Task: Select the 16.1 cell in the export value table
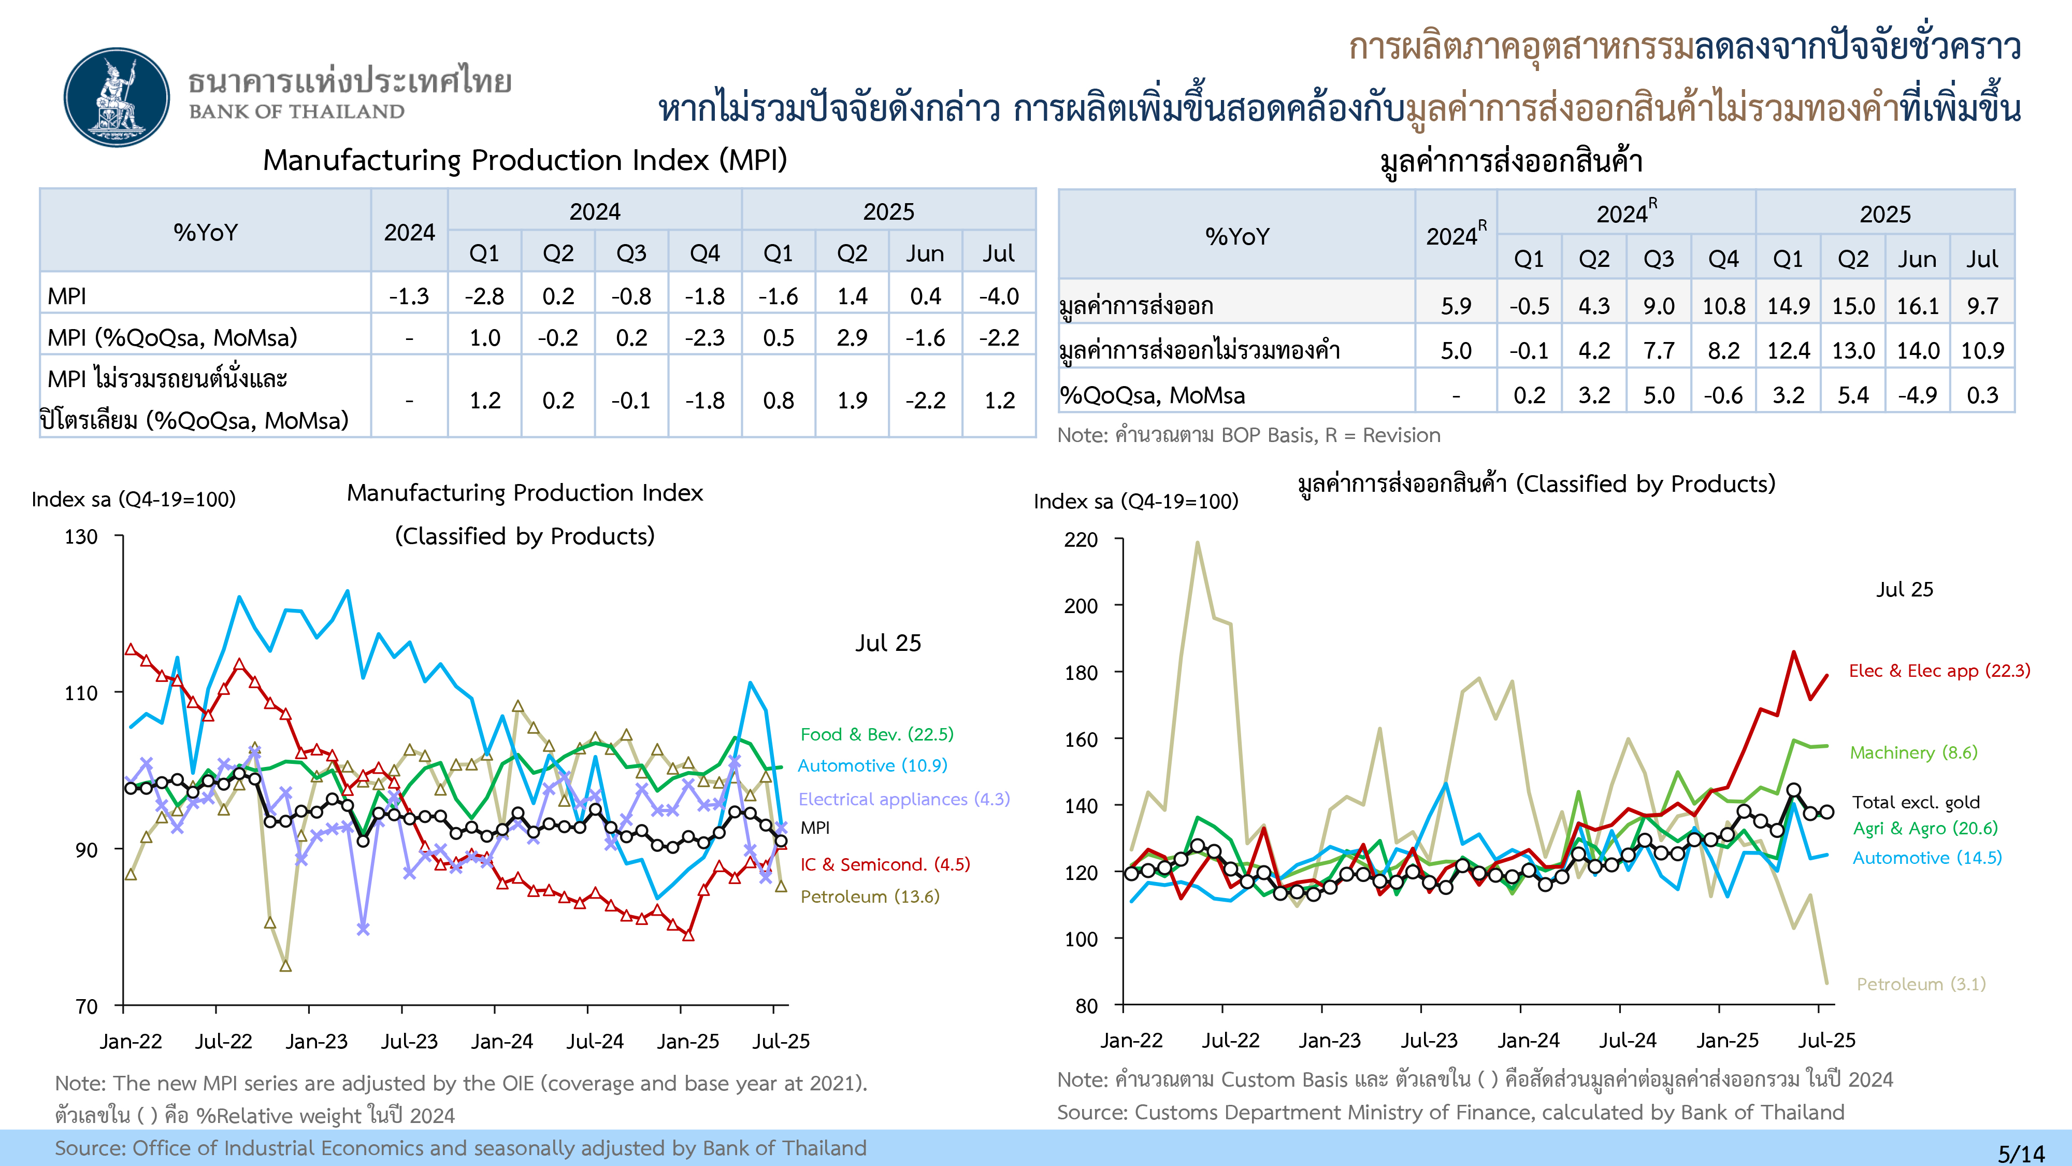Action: point(1918,306)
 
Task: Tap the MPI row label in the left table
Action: point(67,296)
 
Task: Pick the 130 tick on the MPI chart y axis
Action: point(81,537)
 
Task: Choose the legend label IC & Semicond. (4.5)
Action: point(885,864)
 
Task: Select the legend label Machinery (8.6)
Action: point(1913,752)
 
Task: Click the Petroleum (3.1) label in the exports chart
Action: point(1921,984)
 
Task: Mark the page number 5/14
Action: point(2021,1153)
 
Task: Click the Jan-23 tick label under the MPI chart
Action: point(316,1041)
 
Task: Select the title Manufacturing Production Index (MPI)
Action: point(524,160)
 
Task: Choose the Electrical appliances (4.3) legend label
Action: point(903,799)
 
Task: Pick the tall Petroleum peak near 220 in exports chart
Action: point(1198,543)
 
